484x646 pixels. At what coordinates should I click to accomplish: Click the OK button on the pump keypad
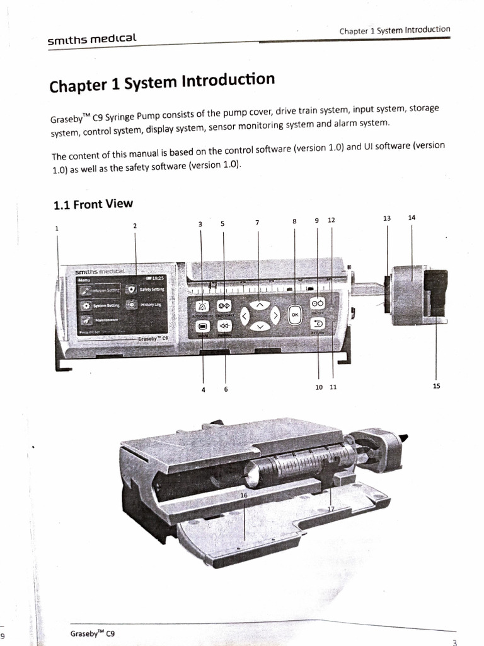point(294,315)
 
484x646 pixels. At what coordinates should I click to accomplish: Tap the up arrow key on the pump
point(258,305)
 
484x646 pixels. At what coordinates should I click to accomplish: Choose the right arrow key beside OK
point(275,315)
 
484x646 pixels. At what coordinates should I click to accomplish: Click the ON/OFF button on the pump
point(317,303)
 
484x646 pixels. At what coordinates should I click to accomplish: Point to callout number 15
point(436,387)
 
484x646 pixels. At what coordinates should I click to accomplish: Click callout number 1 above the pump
point(57,228)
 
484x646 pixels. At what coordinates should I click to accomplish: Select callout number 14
point(412,218)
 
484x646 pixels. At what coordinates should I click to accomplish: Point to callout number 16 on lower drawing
point(244,495)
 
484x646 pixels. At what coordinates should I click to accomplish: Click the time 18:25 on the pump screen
point(154,277)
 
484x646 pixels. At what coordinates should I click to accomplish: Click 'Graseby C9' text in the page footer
point(92,633)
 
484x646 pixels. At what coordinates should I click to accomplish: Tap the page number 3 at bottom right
point(454,642)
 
